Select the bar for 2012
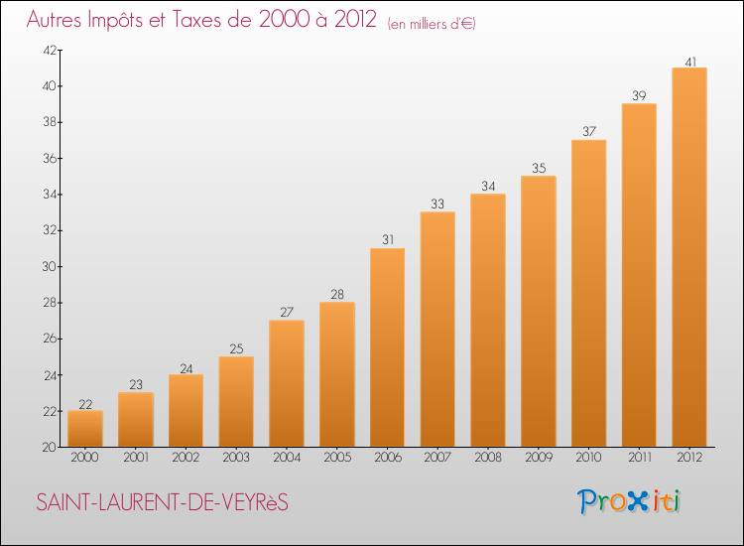tap(688, 258)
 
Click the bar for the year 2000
tap(85, 429)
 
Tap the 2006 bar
tap(387, 347)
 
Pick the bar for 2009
tap(538, 312)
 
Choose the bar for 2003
tap(236, 402)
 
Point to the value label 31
tap(387, 240)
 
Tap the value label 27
tap(287, 313)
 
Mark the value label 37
tap(588, 132)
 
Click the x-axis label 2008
tap(487, 459)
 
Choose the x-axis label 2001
tap(136, 459)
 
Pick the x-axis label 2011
tap(638, 459)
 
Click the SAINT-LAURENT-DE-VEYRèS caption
tap(162, 503)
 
